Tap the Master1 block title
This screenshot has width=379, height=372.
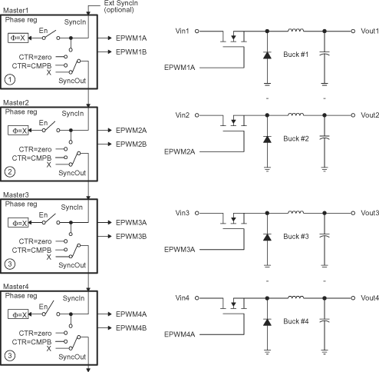[15, 10]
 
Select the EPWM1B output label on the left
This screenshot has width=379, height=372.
[131, 51]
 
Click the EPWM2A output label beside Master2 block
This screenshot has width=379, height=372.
[131, 131]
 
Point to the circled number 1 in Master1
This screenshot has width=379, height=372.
[8, 78]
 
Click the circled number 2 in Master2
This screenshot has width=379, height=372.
[8, 171]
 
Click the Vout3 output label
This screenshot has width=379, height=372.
[369, 213]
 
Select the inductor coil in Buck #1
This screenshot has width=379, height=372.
[295, 30]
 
